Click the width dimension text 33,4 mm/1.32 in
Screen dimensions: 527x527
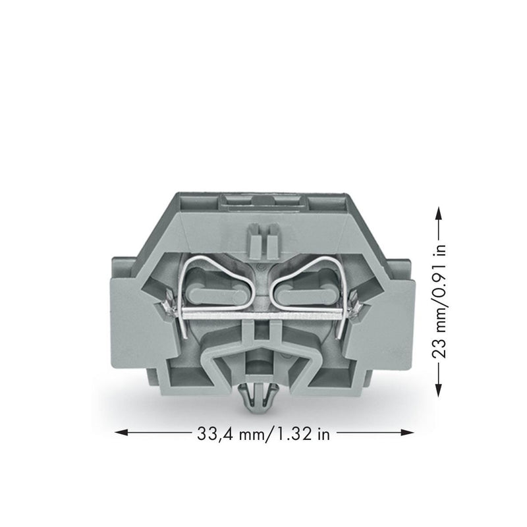[263, 434]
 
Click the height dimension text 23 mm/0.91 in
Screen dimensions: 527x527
[439, 301]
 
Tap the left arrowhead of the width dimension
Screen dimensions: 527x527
[121, 433]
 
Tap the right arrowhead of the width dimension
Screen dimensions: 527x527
[407, 433]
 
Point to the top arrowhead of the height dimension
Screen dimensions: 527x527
[438, 213]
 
